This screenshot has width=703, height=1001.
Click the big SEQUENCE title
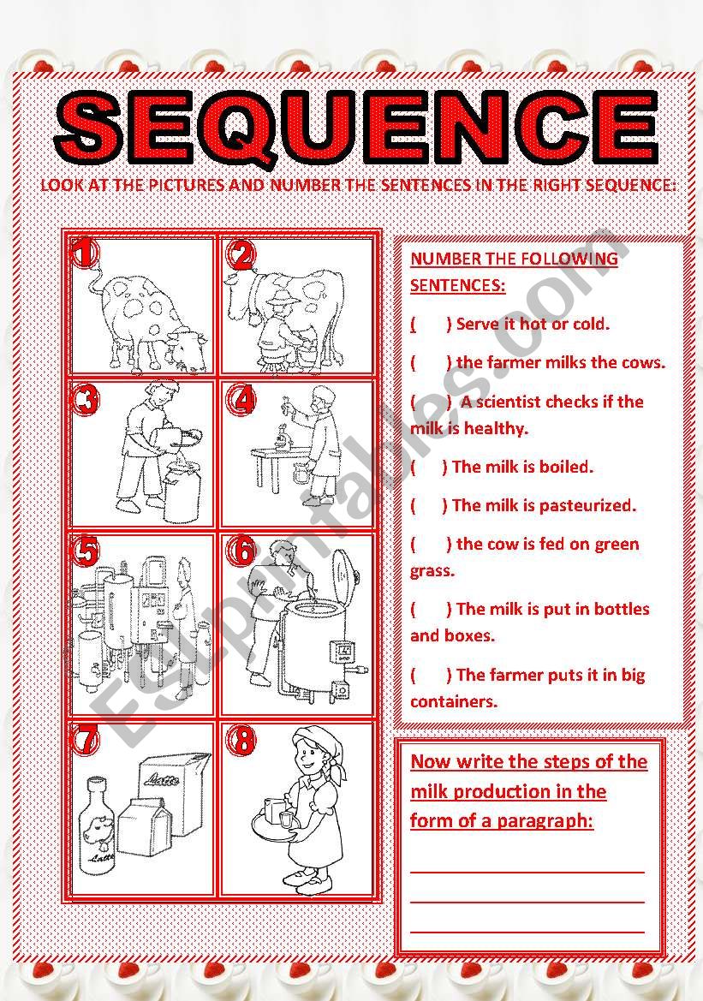point(357,127)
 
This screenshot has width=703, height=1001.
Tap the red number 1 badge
point(84,253)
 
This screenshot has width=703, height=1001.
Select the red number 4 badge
point(243,400)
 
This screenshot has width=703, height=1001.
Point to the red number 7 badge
point(86,739)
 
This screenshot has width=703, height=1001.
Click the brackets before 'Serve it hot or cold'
point(431,325)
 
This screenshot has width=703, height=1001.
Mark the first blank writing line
point(527,872)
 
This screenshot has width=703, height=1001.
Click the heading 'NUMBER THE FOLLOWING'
point(514,259)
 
